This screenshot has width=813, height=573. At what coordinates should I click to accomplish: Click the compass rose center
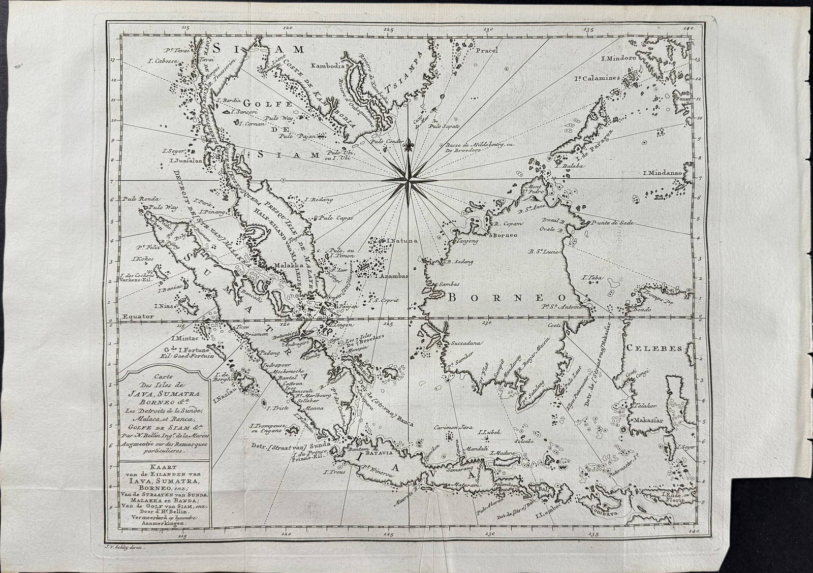pos(410,179)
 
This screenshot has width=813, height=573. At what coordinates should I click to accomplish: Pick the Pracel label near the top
pos(488,50)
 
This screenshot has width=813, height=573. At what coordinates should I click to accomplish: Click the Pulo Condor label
pos(387,141)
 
